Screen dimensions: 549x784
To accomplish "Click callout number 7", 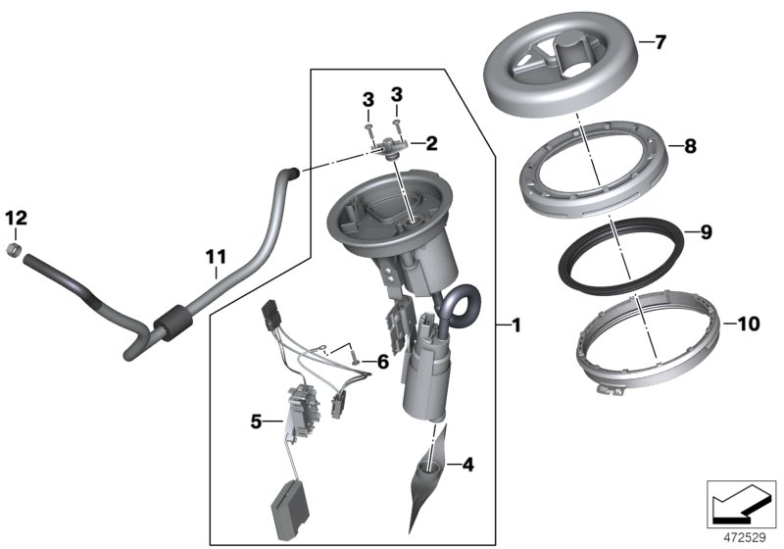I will [660, 43].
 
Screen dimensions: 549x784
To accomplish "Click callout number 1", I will [515, 324].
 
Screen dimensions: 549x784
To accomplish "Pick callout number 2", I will [431, 143].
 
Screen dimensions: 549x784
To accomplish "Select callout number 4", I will [467, 465].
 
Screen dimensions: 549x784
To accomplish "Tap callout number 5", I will [257, 423].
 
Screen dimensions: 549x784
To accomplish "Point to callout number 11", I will [216, 258].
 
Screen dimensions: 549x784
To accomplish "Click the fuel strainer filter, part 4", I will [428, 480].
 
